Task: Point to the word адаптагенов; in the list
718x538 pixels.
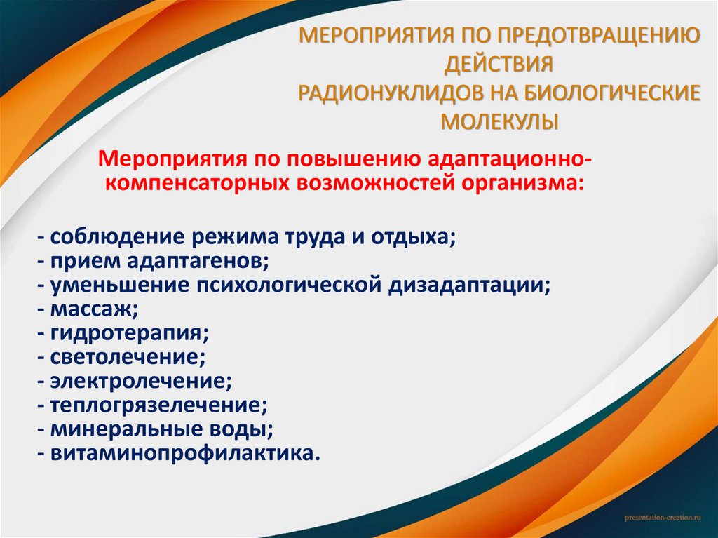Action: click(x=199, y=260)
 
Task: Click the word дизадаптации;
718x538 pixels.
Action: click(x=469, y=285)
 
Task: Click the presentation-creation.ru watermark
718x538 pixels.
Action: click(x=663, y=517)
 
